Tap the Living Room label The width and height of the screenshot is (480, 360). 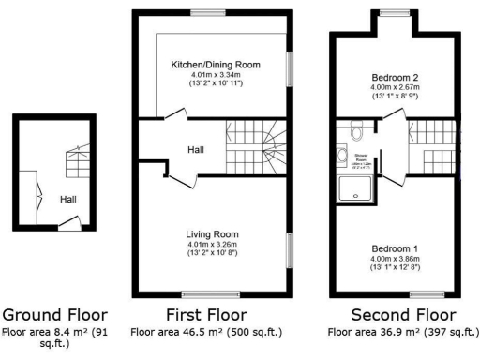[213, 234]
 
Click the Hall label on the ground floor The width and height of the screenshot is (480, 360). [68, 200]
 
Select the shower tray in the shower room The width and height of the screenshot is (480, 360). [357, 191]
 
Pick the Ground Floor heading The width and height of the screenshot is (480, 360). [54, 315]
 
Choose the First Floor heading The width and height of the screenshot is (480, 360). [206, 315]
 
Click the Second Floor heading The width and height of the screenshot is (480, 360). [403, 315]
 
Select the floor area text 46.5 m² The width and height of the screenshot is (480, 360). [206, 332]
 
